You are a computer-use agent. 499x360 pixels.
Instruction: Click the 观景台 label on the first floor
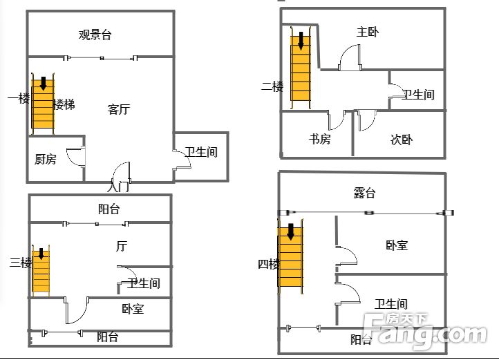pos(95,35)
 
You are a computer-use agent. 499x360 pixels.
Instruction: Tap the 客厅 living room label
pos(119,109)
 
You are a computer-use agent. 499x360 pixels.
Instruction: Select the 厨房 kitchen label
pos(45,159)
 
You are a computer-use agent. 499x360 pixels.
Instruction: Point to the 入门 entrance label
pos(118,187)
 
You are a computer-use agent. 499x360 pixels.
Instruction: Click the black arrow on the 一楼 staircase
pos(44,84)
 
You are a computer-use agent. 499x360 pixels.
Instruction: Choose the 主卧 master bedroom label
pos(368,32)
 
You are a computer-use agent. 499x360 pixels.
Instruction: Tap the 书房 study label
pos(319,139)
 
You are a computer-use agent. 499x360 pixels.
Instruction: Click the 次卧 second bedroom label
pos(402,140)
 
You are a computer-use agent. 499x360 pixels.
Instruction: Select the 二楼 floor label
pos(272,86)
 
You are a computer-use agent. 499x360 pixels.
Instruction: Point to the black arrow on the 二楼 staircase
pos(301,41)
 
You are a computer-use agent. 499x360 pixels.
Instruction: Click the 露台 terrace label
pos(364,193)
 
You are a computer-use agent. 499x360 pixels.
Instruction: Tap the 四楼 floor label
pos(269,264)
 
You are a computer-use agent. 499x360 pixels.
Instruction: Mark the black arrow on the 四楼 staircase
pos(290,231)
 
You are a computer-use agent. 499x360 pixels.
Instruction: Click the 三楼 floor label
pos(21,263)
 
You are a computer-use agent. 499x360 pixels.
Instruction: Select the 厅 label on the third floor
pos(122,246)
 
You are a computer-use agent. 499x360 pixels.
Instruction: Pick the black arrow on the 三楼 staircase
pos(41,254)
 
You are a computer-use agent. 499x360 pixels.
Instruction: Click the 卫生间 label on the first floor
pos(201,152)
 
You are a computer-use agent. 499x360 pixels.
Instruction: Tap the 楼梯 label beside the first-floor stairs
pos(64,104)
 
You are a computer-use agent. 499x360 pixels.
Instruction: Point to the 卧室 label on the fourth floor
pos(397,245)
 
